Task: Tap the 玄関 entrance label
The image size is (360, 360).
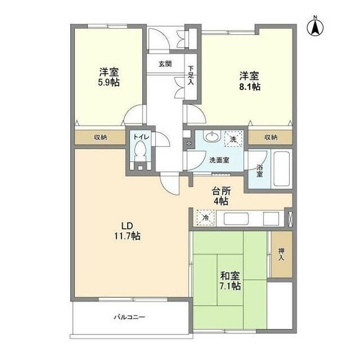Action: [x=165, y=64]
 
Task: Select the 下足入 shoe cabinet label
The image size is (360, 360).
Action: [x=191, y=74]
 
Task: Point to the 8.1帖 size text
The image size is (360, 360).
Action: [x=249, y=87]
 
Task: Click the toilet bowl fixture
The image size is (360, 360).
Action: [x=141, y=151]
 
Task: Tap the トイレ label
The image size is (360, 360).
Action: [x=141, y=137]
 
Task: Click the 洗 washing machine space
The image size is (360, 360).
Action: [x=233, y=138]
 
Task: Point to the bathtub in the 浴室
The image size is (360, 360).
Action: [x=280, y=169]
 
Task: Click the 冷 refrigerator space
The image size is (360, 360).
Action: [x=205, y=217]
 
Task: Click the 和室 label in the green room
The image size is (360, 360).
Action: [x=229, y=276]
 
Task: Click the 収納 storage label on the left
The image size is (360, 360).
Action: [x=100, y=137]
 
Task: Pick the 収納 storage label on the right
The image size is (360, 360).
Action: [x=271, y=137]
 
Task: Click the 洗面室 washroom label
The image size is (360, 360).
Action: [x=218, y=160]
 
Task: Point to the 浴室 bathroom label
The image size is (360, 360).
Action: [x=259, y=170]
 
